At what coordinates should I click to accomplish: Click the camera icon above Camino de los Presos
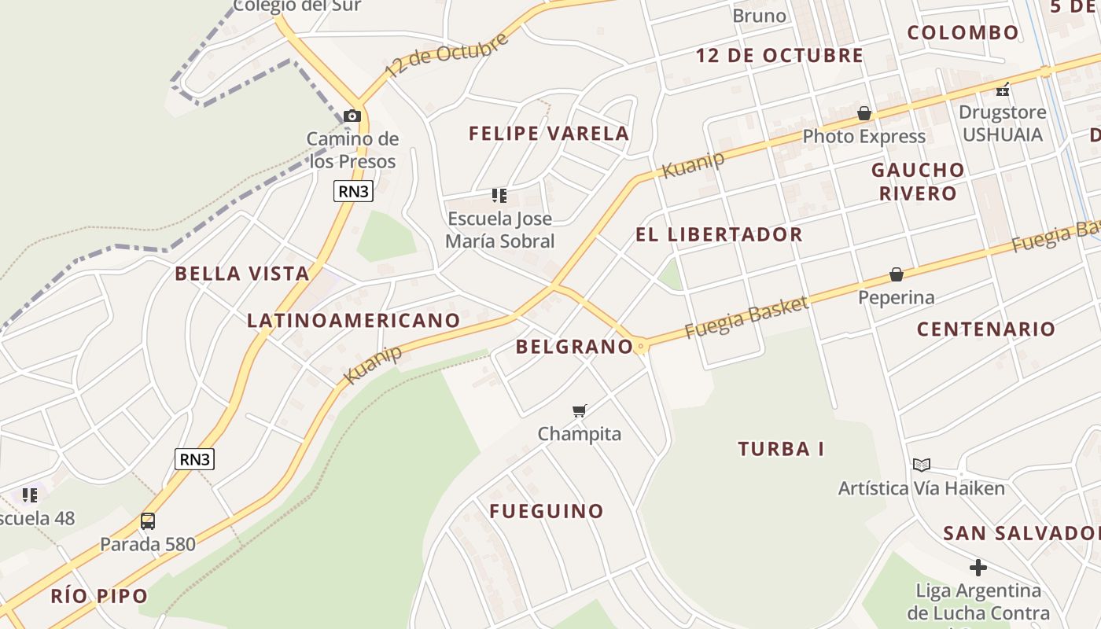[x=352, y=116]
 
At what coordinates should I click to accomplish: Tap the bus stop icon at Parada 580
[x=147, y=520]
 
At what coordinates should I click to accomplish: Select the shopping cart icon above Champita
[x=580, y=410]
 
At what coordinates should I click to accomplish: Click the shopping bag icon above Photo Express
[x=864, y=113]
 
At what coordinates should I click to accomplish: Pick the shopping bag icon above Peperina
[x=896, y=274]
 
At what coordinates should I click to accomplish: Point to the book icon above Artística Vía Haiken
[x=922, y=465]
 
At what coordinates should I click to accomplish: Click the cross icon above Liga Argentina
[x=978, y=567]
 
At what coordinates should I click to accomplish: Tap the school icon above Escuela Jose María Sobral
[x=499, y=195]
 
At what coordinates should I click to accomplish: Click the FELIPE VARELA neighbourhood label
[x=549, y=134]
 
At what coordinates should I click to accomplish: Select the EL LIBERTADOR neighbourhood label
[x=719, y=234]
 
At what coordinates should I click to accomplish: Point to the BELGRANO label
[x=574, y=347]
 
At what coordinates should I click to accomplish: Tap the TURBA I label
[x=781, y=449]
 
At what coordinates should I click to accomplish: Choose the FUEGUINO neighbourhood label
[x=547, y=511]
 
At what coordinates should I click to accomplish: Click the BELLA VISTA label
[x=242, y=274]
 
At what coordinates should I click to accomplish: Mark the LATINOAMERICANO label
[x=353, y=320]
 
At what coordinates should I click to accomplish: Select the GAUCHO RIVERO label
[x=918, y=182]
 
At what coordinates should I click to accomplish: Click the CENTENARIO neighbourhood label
[x=985, y=329]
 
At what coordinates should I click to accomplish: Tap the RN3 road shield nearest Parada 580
[x=194, y=459]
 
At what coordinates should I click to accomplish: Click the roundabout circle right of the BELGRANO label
[x=642, y=346]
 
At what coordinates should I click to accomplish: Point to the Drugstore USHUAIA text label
[x=1002, y=123]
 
